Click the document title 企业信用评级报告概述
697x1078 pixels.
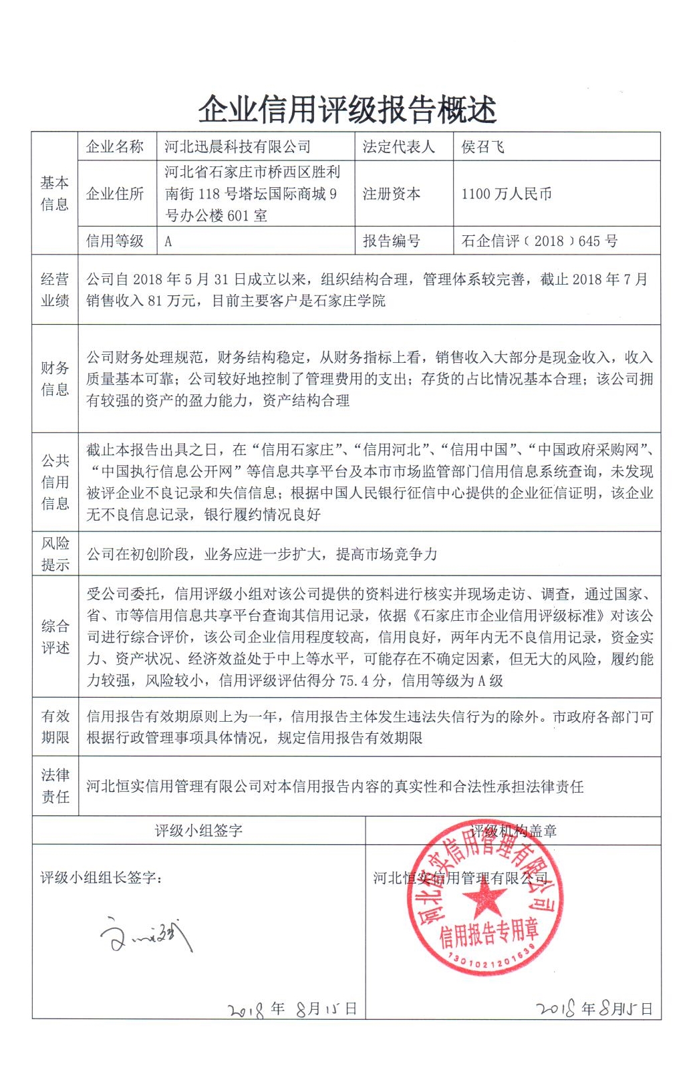click(x=347, y=110)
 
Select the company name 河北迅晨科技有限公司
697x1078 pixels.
click(x=238, y=147)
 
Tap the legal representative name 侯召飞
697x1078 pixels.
click(x=482, y=147)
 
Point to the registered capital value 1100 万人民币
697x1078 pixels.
click(x=507, y=194)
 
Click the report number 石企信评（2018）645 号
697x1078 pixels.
click(x=539, y=241)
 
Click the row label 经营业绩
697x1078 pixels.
click(x=55, y=290)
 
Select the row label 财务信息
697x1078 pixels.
click(x=55, y=379)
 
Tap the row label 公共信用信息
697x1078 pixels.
click(x=55, y=482)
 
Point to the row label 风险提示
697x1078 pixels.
click(x=55, y=554)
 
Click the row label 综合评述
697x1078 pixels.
click(x=55, y=637)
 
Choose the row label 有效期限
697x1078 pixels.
click(x=55, y=727)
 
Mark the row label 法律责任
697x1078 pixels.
click(x=55, y=786)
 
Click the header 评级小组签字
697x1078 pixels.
click(x=198, y=831)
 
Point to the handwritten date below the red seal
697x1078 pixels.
click(x=593, y=1008)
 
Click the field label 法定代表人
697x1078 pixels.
click(x=398, y=147)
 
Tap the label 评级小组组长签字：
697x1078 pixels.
click(x=101, y=878)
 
